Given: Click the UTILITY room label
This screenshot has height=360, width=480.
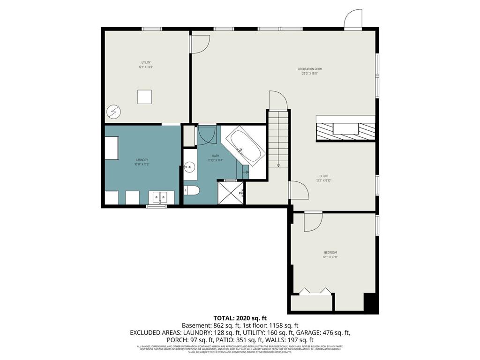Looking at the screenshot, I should [146, 62].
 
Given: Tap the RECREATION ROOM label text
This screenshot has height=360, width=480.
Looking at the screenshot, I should [310, 69].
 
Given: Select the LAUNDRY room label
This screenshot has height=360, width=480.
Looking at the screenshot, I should [142, 160].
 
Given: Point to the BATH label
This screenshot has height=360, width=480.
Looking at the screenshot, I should [215, 156].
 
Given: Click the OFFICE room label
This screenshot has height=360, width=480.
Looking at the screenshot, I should [323, 176].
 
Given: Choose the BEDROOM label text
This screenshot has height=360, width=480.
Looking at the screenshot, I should [330, 253].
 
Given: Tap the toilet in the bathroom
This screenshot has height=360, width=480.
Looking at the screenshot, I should [192, 190].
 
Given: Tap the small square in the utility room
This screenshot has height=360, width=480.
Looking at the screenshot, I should [144, 97].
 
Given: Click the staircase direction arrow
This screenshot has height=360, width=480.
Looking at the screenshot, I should [278, 165].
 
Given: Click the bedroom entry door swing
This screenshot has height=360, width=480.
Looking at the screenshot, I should [313, 221].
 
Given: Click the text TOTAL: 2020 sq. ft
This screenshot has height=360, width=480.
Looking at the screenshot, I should [240, 318].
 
